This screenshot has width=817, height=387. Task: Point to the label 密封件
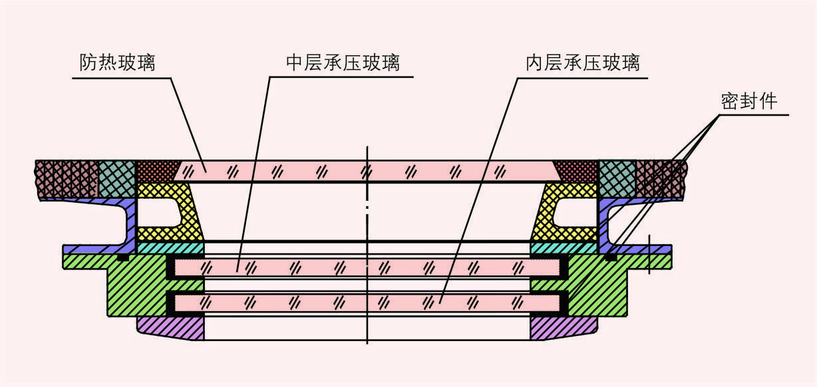pyautogui.click(x=749, y=102)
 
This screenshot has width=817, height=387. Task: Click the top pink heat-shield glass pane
pyautogui.click(x=366, y=172)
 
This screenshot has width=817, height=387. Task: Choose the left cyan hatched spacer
pyautogui.click(x=170, y=247)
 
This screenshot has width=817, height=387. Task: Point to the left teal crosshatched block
pyautogui.click(x=116, y=178)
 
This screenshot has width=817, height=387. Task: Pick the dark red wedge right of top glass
pyautogui.click(x=577, y=170)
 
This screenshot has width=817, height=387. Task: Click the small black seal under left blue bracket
pyautogui.click(x=122, y=257)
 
